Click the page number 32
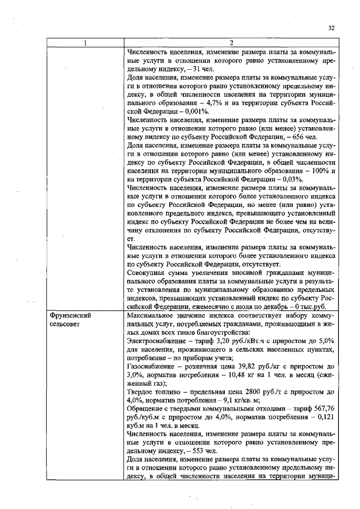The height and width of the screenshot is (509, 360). pos(331,28)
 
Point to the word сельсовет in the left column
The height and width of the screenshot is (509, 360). pos(65,325)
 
